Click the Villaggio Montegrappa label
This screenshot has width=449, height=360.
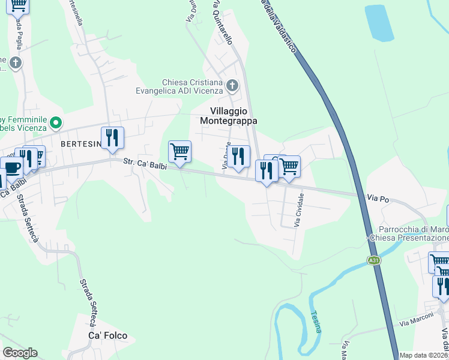click(234, 115)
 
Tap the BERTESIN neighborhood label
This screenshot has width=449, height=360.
click(79, 145)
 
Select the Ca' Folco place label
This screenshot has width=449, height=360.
click(108, 335)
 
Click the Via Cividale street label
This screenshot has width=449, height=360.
click(298, 209)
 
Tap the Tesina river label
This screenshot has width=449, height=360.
click(316, 320)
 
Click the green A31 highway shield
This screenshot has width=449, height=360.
click(374, 260)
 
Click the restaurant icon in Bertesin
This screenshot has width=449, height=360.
click(112, 138)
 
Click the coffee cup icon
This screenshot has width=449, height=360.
click(11, 167)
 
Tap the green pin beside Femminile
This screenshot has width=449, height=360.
click(56, 123)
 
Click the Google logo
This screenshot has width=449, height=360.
click(20, 353)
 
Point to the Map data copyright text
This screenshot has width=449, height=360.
click(424, 355)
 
